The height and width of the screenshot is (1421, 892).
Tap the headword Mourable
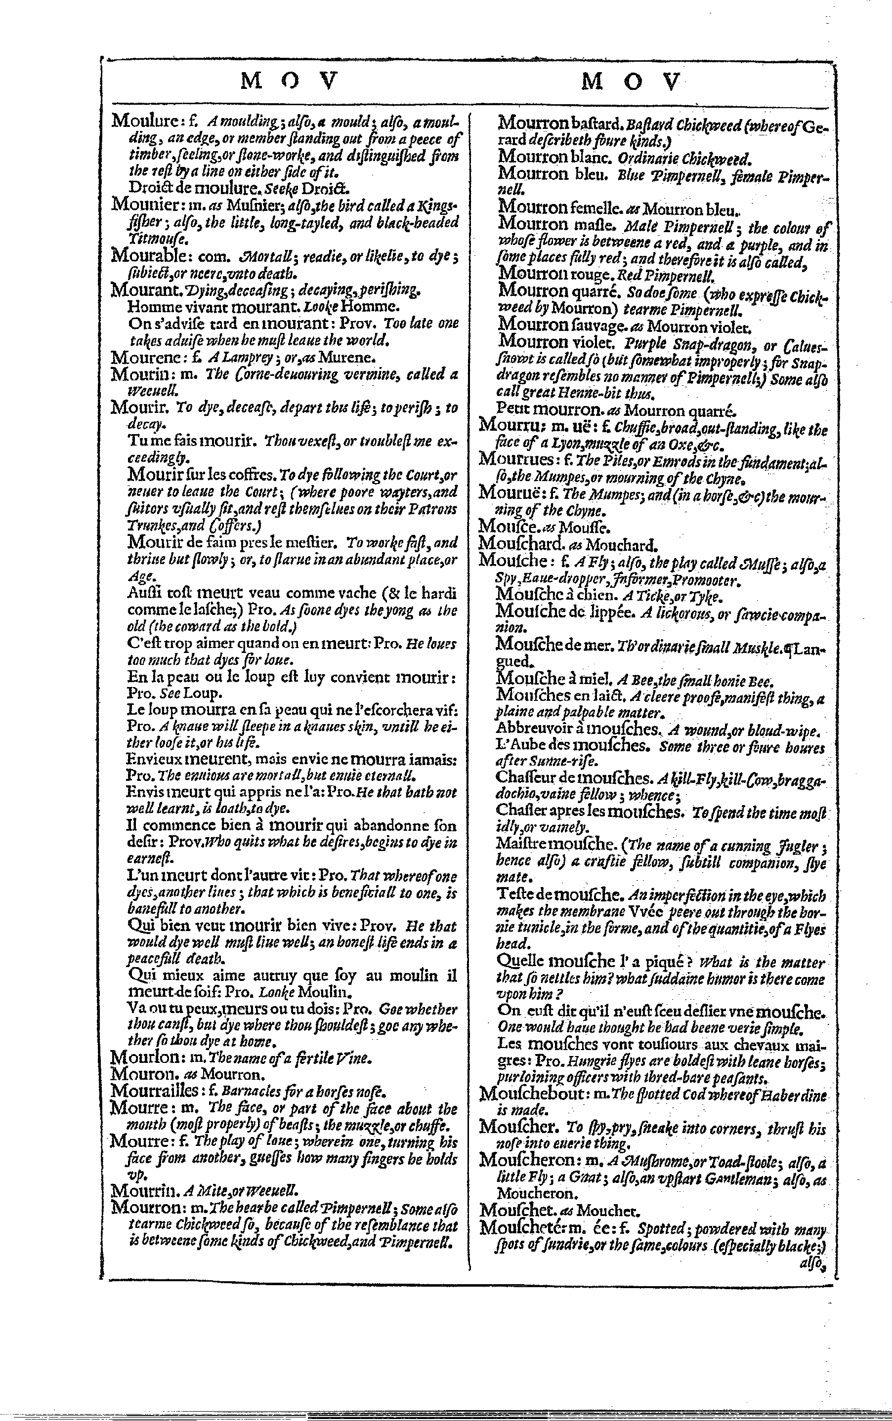(x=147, y=256)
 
